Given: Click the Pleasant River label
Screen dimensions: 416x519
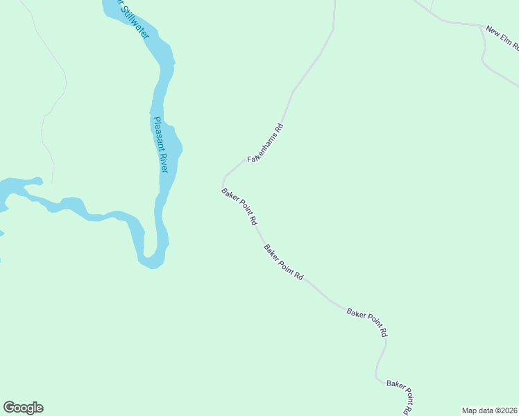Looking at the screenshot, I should (x=161, y=145).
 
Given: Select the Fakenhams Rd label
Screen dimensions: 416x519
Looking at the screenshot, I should (x=266, y=143).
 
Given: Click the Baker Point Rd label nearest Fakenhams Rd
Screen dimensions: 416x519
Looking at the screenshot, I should (x=239, y=207).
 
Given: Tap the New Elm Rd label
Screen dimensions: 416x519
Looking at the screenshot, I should (x=502, y=39).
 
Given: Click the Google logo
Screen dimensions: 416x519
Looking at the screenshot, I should (x=23, y=408).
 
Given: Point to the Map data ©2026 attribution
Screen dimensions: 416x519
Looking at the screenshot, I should (x=489, y=410).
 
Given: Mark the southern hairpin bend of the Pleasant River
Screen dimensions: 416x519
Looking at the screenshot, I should (x=151, y=263).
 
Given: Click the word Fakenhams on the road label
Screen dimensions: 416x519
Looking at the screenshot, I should (x=262, y=148).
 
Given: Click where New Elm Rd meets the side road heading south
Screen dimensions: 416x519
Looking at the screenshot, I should (x=481, y=26).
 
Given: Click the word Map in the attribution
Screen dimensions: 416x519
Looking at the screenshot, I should (x=469, y=410).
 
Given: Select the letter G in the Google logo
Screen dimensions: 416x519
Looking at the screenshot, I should (x=9, y=408).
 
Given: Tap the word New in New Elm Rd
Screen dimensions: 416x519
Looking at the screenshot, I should (x=492, y=32).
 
